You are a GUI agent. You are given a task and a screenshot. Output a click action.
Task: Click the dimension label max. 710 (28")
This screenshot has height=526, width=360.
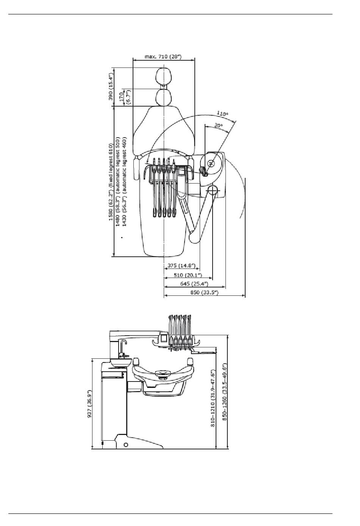coord(163,57)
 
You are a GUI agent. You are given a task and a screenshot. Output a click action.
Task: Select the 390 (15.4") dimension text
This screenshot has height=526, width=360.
coord(111,86)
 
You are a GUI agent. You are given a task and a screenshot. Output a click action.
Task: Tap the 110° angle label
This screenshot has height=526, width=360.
coord(222,113)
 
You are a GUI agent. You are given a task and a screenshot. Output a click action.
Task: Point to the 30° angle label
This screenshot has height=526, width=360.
coord(218,126)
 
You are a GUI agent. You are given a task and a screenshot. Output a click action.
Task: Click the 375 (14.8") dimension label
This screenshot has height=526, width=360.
coord(182,265)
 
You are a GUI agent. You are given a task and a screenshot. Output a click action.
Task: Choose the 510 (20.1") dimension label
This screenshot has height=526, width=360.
coord(188,275)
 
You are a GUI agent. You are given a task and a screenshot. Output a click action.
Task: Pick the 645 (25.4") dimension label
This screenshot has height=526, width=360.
coord(194,284)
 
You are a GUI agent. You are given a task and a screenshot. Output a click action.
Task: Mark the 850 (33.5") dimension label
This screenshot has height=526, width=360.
coord(204,292)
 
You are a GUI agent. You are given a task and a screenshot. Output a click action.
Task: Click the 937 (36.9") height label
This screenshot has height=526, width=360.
coord(89,404)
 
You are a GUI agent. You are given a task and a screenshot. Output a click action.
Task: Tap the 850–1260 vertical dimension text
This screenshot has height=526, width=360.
coord(224,392)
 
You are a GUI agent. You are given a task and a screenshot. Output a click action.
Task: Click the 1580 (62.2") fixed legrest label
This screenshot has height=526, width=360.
coord(111,182)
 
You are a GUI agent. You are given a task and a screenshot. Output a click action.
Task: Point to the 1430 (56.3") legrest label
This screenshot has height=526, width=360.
coord(124,182)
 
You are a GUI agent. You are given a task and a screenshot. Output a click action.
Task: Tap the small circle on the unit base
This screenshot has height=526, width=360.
coord(126,445)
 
